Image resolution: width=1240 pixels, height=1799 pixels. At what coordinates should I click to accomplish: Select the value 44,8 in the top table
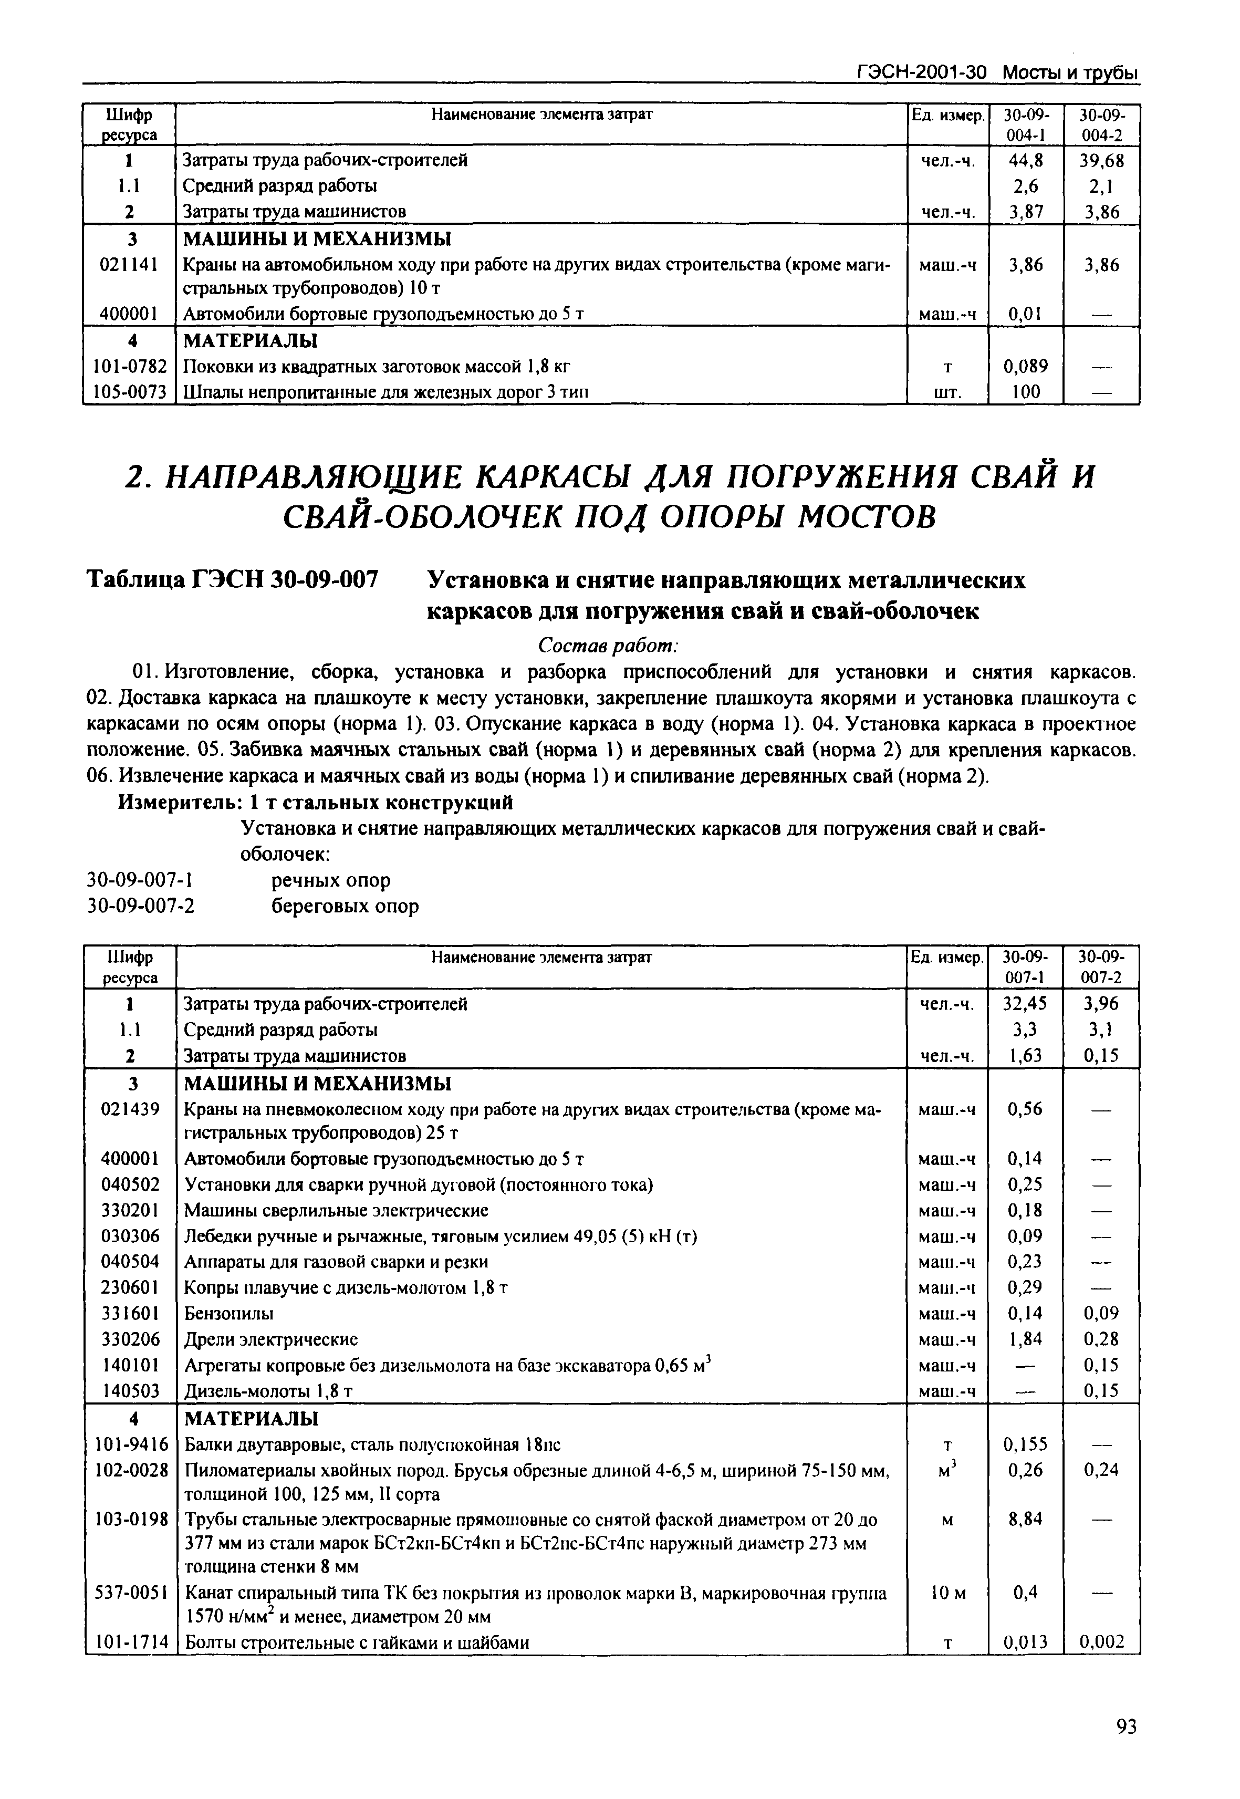tap(1026, 160)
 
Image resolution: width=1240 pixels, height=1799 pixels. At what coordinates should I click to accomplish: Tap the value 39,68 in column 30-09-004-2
tap(1102, 160)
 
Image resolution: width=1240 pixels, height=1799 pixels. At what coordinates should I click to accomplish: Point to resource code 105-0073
tap(130, 392)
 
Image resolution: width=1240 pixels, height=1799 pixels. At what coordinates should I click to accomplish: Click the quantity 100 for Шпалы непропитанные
tap(1026, 392)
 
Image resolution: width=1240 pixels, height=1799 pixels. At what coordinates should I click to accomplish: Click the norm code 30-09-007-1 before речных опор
tap(139, 880)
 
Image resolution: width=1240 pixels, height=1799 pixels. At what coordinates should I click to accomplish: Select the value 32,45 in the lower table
tap(1026, 1003)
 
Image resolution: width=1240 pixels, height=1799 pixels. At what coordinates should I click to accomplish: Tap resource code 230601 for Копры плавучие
tap(131, 1288)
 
